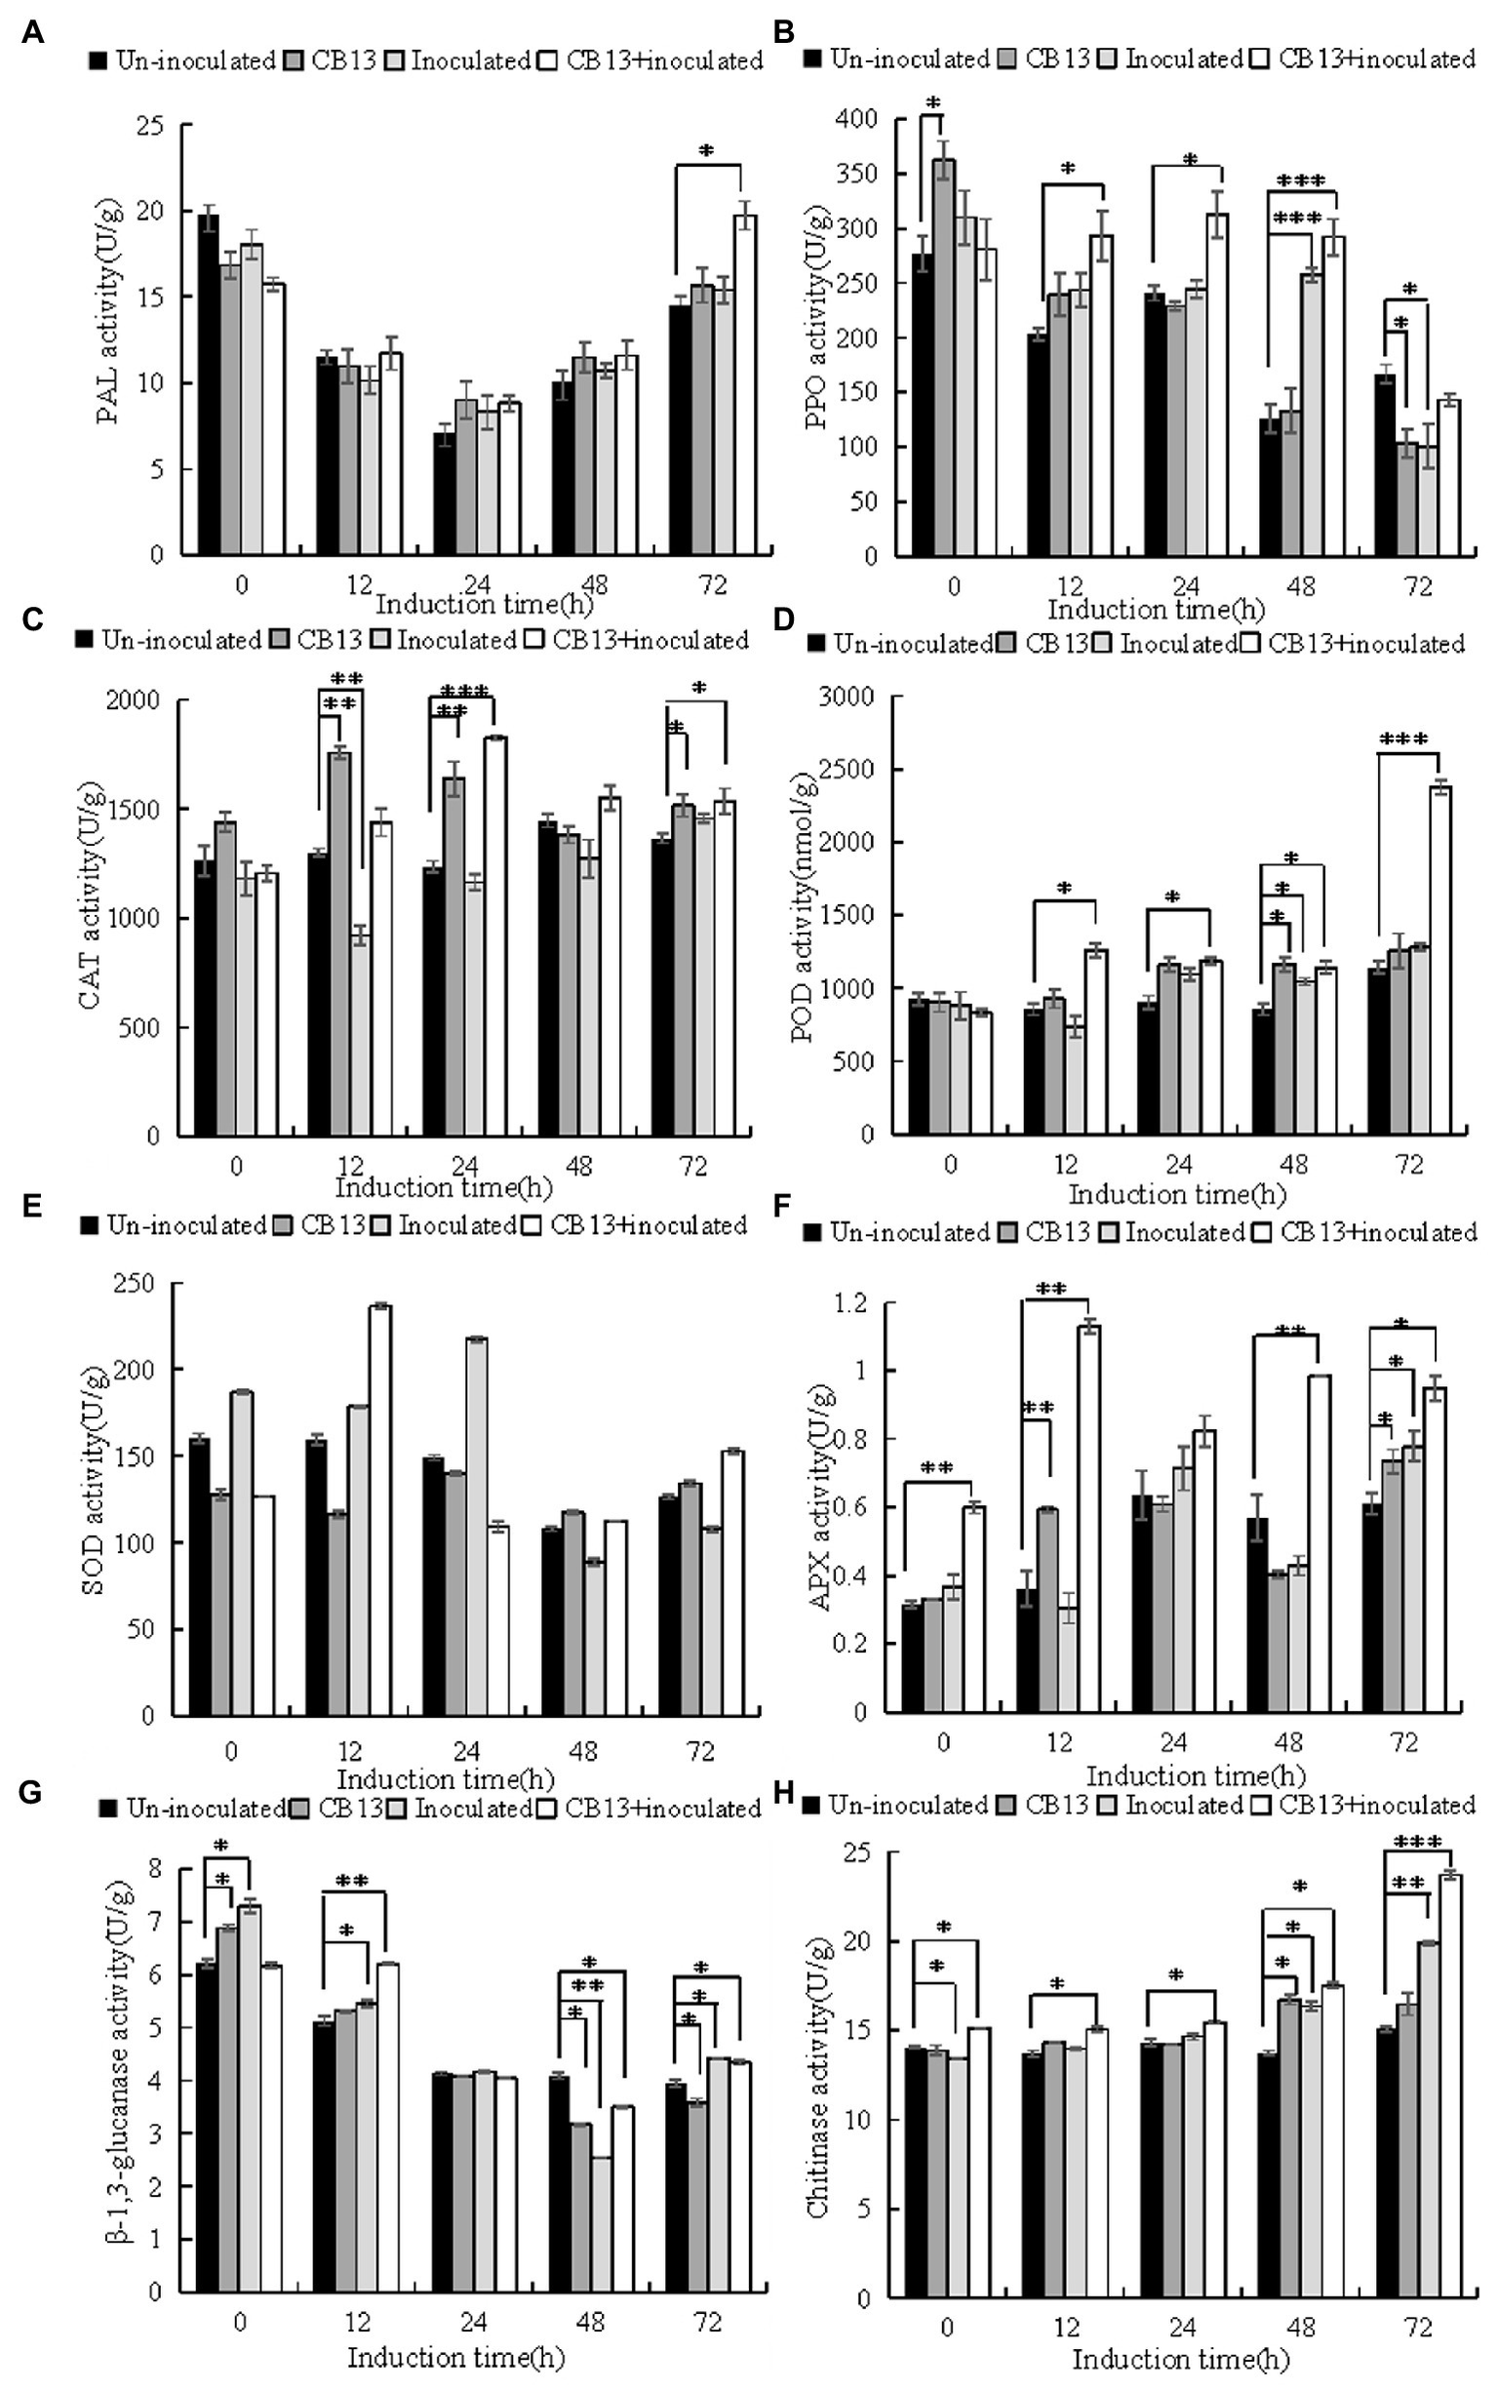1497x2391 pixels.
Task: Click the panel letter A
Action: tap(33, 32)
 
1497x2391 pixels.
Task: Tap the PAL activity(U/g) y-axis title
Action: tap(110, 339)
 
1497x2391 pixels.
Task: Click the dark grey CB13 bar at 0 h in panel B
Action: tap(943, 356)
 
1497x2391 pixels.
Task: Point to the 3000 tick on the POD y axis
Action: tap(847, 697)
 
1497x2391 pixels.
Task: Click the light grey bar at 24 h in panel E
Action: tap(476, 1527)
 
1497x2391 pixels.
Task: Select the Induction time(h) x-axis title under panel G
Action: tap(455, 2356)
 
